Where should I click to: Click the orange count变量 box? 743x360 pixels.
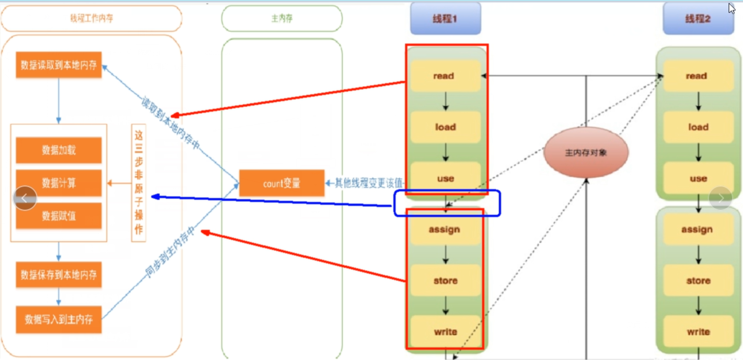coord(282,183)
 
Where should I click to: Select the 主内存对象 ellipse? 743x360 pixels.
coord(586,152)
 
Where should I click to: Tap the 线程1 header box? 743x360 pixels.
coord(445,19)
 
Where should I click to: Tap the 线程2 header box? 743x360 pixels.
coord(698,19)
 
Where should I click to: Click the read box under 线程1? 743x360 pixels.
coord(445,76)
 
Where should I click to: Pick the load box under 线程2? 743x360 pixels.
coord(698,127)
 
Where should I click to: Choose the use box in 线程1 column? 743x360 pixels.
coord(445,178)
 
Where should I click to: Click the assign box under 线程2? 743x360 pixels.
coord(698,229)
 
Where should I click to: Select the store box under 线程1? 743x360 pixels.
coord(445,281)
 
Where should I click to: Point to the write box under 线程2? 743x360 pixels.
coord(698,332)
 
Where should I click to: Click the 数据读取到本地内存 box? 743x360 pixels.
coord(59,65)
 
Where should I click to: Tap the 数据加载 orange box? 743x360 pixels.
coord(59,150)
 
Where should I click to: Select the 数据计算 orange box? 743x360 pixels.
coord(59,183)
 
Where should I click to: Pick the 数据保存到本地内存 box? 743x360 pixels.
coord(59,275)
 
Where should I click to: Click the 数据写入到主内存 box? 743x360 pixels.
coord(59,320)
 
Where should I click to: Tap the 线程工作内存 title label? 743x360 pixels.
coord(91,19)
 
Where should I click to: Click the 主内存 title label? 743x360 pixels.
coord(282,19)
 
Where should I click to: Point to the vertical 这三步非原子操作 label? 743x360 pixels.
coord(139,183)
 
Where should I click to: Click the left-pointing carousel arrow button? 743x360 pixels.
coord(25,198)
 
